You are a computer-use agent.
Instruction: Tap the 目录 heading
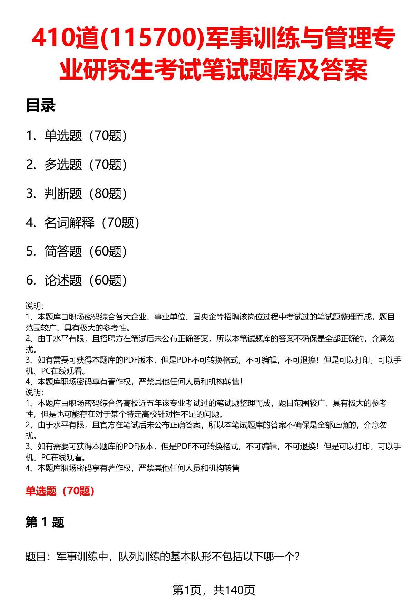pos(41,106)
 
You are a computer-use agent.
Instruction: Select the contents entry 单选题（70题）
pos(86,136)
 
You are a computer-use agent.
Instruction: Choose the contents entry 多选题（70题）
pos(86,165)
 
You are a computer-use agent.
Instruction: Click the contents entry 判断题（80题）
pos(86,194)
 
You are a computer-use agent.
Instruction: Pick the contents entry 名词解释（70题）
pos(92,223)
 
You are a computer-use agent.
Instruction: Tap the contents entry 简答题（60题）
pos(86,251)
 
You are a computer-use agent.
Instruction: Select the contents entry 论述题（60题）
pos(86,280)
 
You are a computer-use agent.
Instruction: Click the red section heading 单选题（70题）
pos(60,491)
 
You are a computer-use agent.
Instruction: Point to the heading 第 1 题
pos(45,522)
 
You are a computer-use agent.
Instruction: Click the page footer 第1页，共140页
pos(214,590)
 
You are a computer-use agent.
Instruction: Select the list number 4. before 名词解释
pos(31,223)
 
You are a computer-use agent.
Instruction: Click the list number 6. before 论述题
pos(31,280)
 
